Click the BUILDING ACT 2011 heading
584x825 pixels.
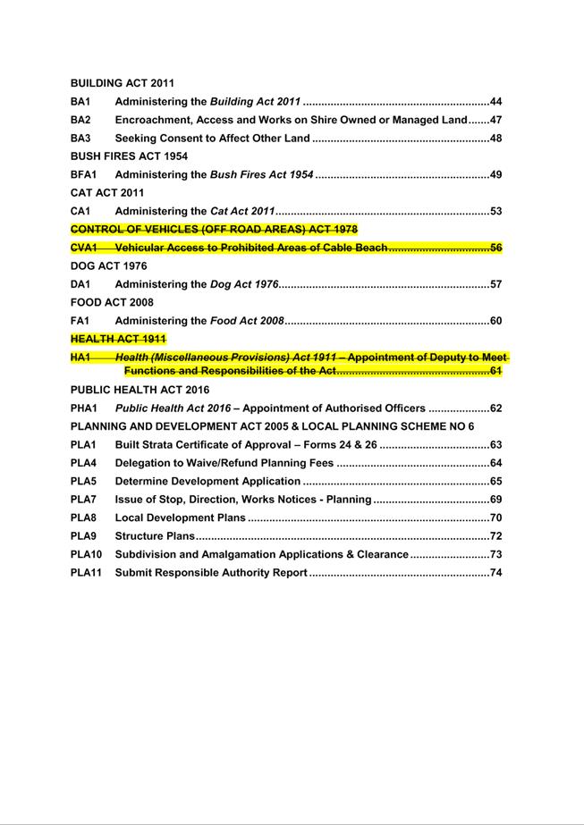click(x=122, y=83)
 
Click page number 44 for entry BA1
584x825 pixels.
click(x=495, y=102)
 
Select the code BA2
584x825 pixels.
click(x=80, y=120)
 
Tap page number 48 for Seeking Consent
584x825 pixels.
click(x=495, y=139)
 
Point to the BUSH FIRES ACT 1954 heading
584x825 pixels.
click(x=129, y=156)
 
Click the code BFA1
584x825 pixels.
click(x=83, y=174)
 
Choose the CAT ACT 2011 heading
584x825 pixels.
click(x=107, y=193)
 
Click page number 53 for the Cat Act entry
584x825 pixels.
click(x=495, y=212)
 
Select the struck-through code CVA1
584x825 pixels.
click(x=83, y=248)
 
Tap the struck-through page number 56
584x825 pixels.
click(x=495, y=248)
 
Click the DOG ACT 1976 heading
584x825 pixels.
click(x=108, y=266)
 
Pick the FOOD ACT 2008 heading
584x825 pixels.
click(x=111, y=303)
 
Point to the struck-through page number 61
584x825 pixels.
click(x=495, y=370)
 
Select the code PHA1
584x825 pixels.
click(x=83, y=408)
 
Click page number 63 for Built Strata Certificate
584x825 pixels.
click(x=495, y=445)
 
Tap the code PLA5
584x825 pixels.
click(x=83, y=482)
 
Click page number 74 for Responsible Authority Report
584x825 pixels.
click(x=495, y=573)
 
